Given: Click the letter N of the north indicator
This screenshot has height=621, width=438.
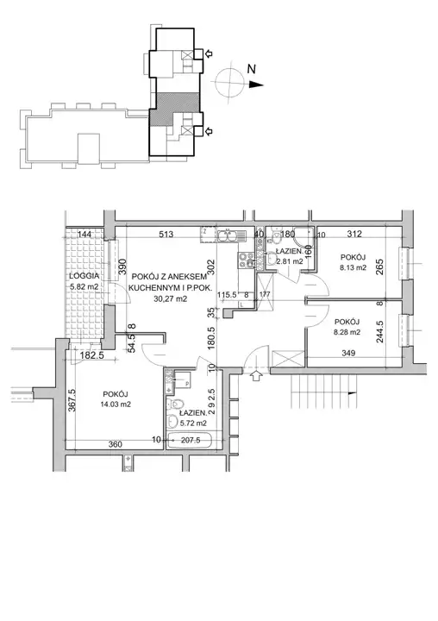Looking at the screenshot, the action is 252,69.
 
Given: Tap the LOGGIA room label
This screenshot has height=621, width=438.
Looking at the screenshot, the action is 84,276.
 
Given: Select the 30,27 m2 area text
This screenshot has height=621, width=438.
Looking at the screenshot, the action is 171,299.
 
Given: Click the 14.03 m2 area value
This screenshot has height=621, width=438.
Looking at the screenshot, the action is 116,405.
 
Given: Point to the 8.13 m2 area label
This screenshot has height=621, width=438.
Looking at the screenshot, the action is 353,267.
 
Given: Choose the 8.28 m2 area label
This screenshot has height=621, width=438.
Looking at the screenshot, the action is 347,332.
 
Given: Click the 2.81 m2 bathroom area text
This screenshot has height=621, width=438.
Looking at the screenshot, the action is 290,261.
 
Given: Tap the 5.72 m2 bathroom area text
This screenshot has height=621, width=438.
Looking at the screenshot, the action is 193,423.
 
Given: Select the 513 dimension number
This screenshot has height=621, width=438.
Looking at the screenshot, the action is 166,234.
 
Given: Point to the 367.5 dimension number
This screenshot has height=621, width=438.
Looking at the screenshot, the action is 72,400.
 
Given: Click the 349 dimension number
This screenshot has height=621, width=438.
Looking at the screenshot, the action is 348,353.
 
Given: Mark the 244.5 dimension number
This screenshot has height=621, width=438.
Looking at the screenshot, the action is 379,331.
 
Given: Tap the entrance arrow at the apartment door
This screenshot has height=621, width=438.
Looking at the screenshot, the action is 257,375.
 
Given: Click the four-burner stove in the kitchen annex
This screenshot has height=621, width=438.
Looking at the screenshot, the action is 246,260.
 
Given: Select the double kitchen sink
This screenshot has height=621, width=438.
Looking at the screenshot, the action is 231,236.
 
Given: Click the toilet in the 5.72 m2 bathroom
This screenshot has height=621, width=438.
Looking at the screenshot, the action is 176,405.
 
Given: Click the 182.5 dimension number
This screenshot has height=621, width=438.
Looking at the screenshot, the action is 92,355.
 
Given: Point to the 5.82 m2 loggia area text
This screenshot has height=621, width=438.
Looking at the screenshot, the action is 84,286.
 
